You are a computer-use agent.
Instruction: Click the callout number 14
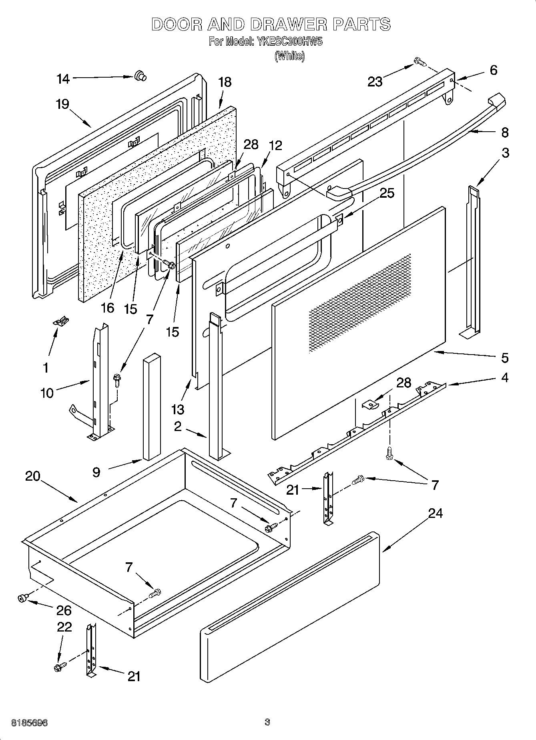(63, 79)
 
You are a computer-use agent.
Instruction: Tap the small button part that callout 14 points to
(140, 75)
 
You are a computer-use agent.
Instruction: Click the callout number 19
(62, 104)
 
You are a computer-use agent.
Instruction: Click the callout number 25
(387, 193)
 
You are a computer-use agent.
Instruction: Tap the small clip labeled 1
(61, 321)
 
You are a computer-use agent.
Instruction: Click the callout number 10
(47, 393)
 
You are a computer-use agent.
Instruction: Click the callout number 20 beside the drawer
(33, 476)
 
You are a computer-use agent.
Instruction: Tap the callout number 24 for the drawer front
(436, 513)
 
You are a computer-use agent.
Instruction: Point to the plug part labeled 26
(23, 598)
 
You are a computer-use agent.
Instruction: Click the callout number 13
(178, 409)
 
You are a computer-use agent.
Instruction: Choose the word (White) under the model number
(289, 56)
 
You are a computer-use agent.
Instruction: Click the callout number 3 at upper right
(505, 152)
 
